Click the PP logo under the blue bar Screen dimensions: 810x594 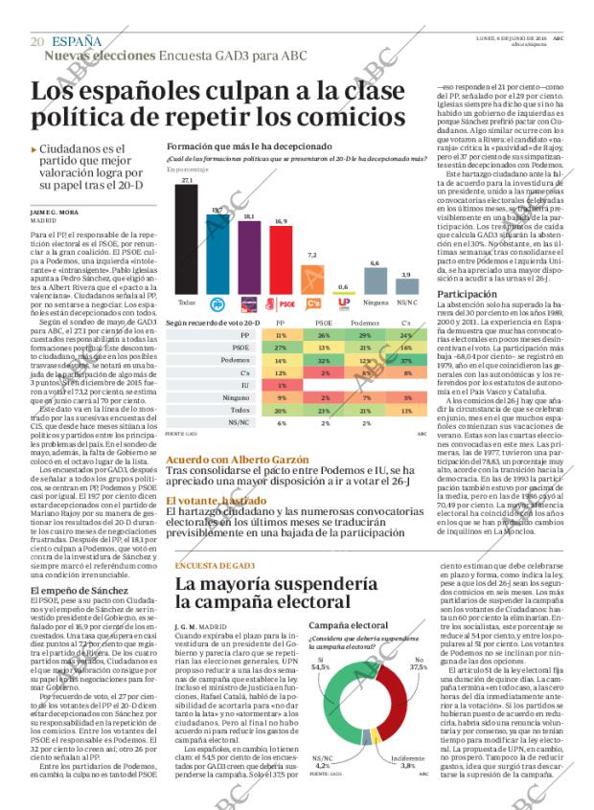tap(217, 304)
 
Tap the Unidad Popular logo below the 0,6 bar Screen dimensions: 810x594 tap(343, 304)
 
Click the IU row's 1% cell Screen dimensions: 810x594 tap(280, 384)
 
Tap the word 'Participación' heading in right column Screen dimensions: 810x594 tap(467, 293)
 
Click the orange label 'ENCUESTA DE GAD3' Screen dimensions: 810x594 tap(215, 564)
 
